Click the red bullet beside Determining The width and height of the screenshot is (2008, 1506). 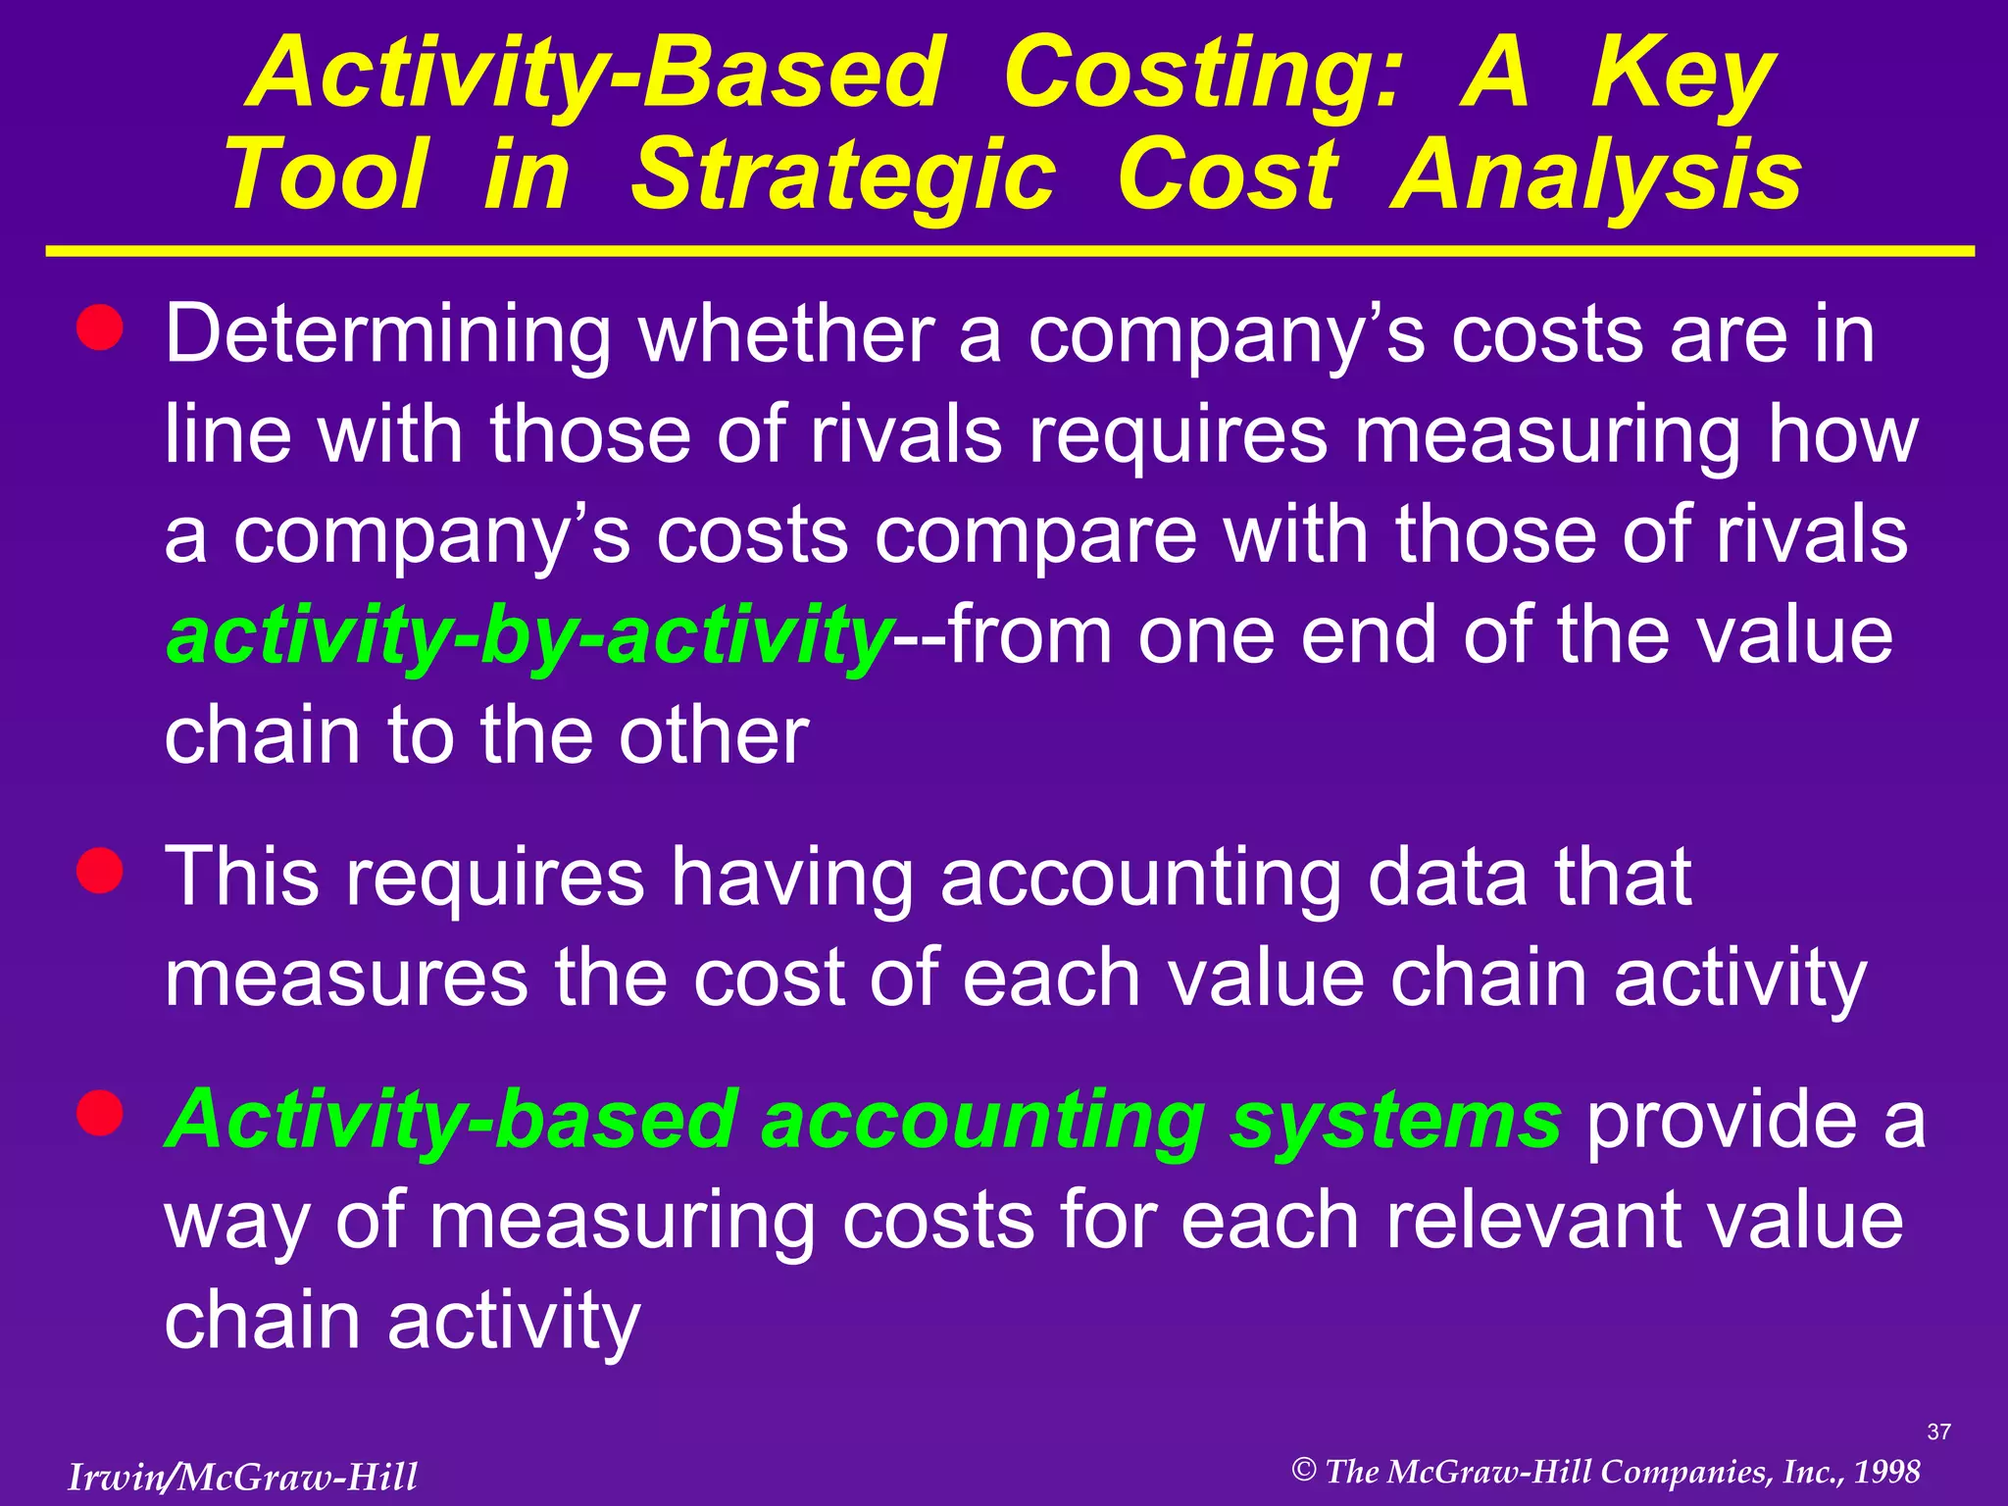[100, 326]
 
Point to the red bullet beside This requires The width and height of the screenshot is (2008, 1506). [100, 870]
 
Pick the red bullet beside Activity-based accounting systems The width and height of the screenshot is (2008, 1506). [100, 1113]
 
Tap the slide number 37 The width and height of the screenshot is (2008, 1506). [1938, 1432]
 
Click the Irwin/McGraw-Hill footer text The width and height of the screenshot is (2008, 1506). [242, 1477]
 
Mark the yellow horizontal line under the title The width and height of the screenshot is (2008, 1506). [1010, 252]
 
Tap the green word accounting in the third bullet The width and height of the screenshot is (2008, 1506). [982, 1120]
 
